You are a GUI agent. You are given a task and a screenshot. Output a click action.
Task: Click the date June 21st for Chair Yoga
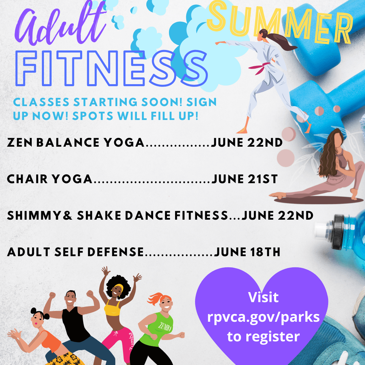coord(244,179)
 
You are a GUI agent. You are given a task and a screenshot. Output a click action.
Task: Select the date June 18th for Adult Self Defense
coord(247,252)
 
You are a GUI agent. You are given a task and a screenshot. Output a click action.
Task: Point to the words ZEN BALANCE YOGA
coord(76,143)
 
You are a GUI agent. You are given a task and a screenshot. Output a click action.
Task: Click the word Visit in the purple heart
coord(264,297)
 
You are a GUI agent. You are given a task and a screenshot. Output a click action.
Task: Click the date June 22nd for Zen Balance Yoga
coord(247,143)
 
